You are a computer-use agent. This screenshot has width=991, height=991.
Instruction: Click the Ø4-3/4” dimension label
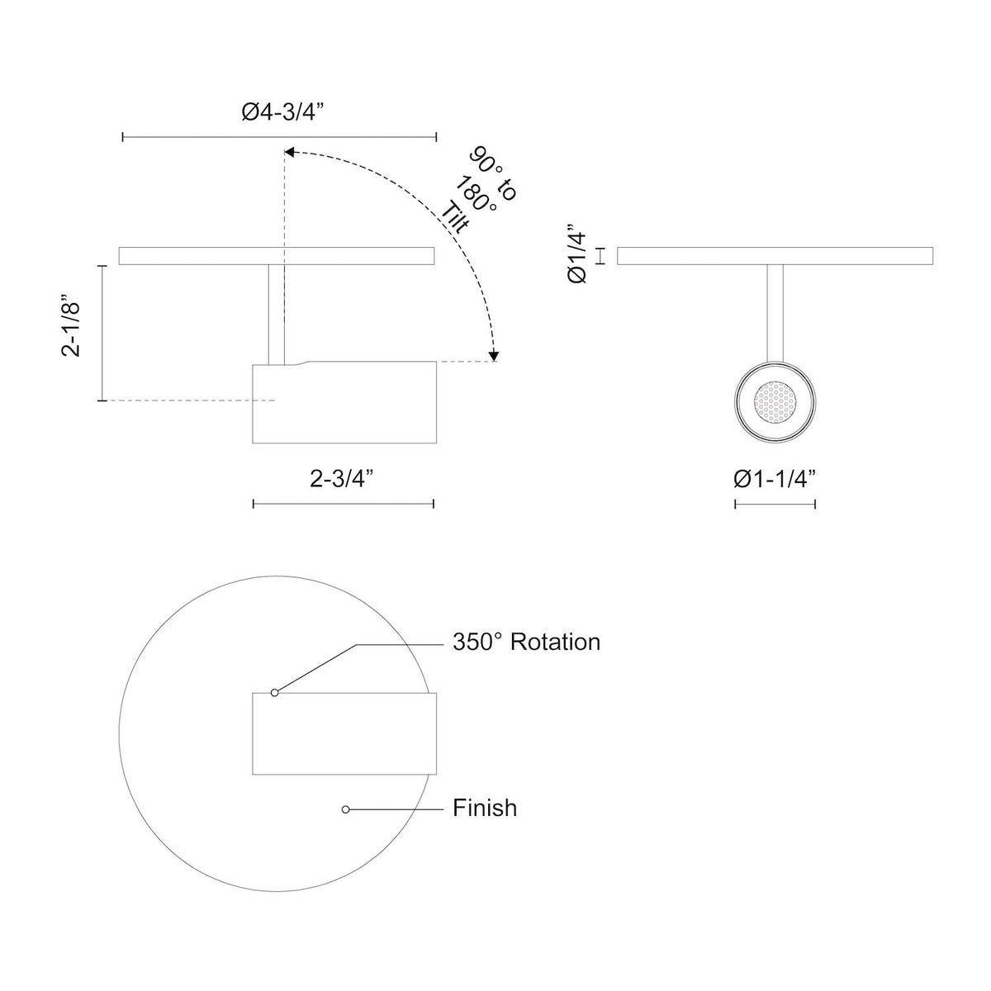coord(283,112)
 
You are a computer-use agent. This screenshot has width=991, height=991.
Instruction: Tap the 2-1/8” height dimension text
coord(71,325)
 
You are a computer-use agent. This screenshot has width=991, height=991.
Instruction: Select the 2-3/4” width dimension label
coord(341,479)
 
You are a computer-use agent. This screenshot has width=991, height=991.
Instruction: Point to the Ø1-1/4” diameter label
coord(775,479)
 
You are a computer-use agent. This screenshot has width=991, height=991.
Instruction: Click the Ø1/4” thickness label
coord(577,254)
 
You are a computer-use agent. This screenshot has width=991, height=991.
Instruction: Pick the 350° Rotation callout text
coord(526,642)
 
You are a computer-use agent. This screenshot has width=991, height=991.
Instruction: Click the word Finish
coord(485,808)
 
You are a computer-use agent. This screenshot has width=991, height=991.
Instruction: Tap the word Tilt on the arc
coord(455,219)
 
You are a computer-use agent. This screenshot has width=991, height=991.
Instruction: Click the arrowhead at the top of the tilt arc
coord(289,152)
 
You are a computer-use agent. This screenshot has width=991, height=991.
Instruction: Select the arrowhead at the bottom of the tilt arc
coord(494,355)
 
